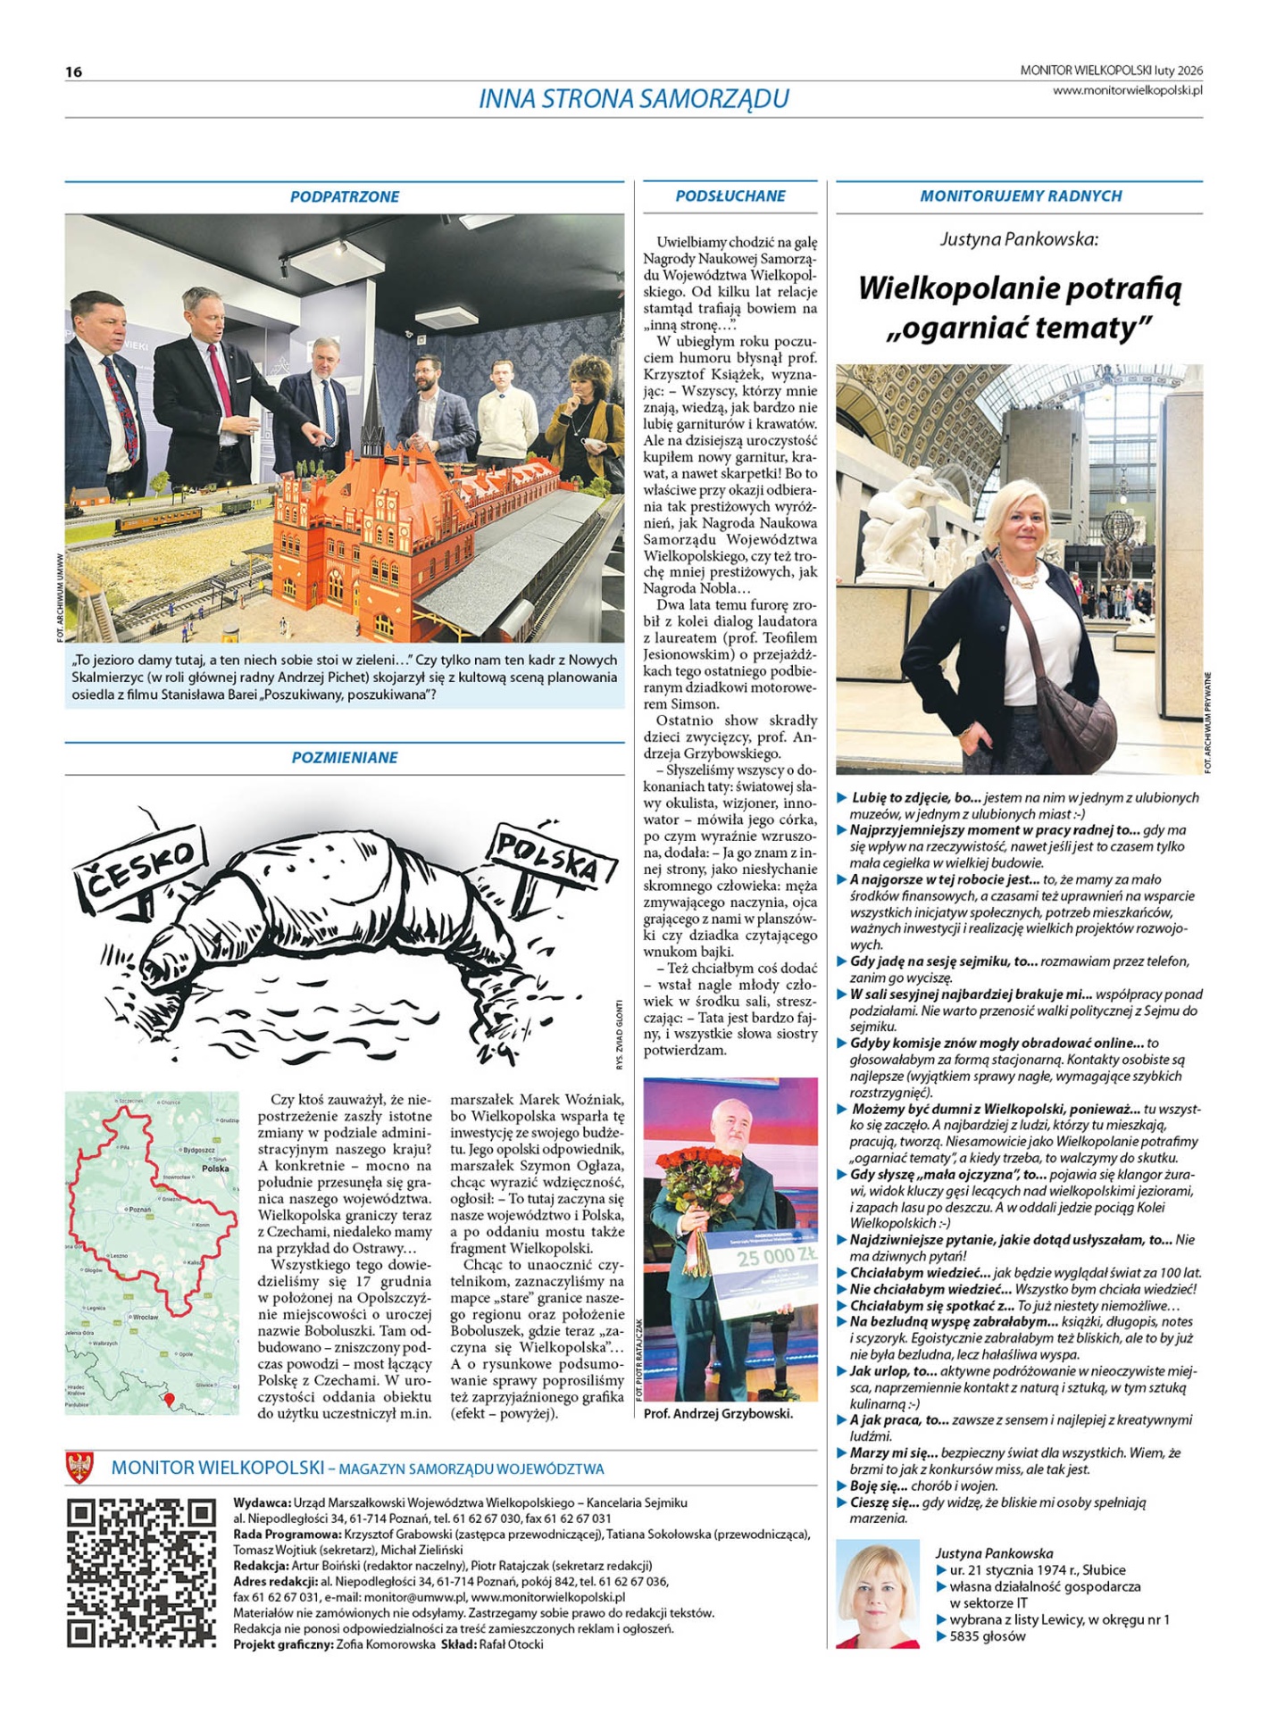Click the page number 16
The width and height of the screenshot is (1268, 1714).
73,72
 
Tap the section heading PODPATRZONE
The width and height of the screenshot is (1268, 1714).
345,197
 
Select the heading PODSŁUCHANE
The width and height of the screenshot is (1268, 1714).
730,196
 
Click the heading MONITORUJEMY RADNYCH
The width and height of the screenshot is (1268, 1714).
1021,196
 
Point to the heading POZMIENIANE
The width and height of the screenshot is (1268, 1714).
345,758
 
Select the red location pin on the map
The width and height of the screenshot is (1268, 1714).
170,1400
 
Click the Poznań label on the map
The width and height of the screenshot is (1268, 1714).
138,1210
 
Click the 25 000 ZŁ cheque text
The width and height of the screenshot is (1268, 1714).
775,1260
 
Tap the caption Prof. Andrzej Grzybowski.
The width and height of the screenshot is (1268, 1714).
718,1414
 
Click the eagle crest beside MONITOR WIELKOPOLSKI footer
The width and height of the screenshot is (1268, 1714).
80,1468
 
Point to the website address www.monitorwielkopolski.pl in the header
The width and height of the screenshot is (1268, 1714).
1127,90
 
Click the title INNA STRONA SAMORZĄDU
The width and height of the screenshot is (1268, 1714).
633,99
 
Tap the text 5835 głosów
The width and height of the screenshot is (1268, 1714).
987,1636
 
